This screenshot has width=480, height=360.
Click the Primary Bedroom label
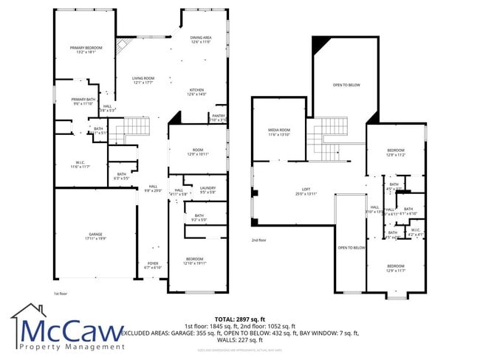86,49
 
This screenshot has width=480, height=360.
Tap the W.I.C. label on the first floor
79,165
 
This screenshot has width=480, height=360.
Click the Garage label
95,235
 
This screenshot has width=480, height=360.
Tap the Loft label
305,191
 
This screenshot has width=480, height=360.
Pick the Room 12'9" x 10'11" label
199,151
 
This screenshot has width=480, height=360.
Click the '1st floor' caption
61,294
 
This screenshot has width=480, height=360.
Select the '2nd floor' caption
258,240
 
